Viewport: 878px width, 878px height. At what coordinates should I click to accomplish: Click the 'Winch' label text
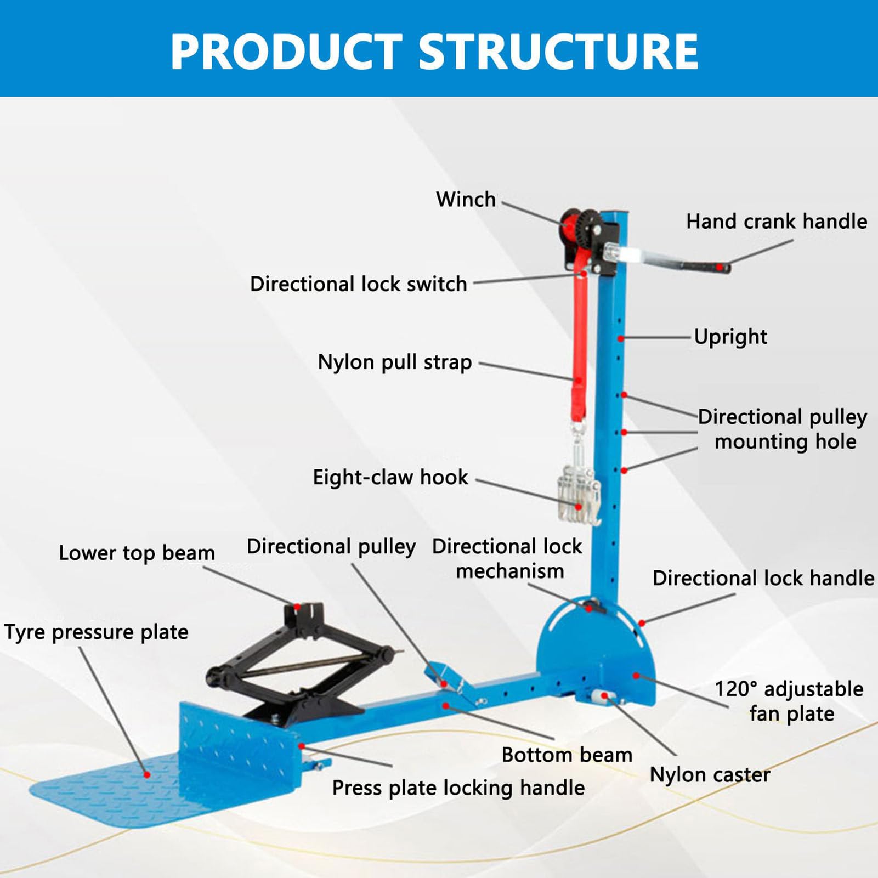pyautogui.click(x=466, y=200)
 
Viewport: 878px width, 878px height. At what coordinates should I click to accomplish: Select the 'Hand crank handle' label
pyautogui.click(x=776, y=222)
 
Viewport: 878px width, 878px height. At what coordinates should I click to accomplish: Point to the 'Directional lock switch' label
pyautogui.click(x=358, y=284)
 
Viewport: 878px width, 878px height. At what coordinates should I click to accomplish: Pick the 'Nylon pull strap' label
pyautogui.click(x=394, y=362)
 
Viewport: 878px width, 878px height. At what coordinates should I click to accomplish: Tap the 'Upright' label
pyautogui.click(x=730, y=337)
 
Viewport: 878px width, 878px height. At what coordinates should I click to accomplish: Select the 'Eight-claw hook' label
pyautogui.click(x=390, y=477)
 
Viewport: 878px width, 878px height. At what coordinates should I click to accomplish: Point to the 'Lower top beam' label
pyautogui.click(x=137, y=553)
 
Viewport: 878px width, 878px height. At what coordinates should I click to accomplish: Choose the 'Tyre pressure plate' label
pyautogui.click(x=96, y=632)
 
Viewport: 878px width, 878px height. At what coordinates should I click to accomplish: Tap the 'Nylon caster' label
pyautogui.click(x=710, y=775)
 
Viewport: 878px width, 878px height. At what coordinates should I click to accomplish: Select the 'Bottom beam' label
pyautogui.click(x=567, y=755)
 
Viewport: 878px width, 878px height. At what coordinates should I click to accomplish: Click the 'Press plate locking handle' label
pyautogui.click(x=458, y=788)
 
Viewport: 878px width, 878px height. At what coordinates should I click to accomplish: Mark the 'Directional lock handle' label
pyautogui.click(x=763, y=578)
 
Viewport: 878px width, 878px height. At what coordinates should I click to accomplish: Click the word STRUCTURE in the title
pyautogui.click(x=558, y=52)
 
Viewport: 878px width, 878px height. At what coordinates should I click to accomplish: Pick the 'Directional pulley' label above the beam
pyautogui.click(x=331, y=546)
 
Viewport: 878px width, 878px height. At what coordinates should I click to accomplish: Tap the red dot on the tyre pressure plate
pyautogui.click(x=147, y=774)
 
